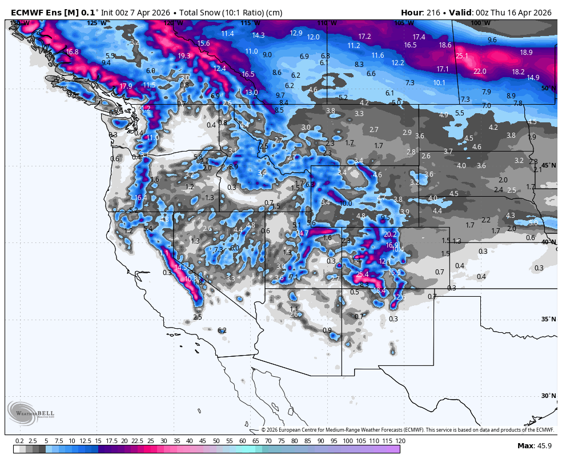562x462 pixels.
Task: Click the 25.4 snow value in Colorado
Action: [362, 274]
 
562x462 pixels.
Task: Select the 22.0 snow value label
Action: [480, 71]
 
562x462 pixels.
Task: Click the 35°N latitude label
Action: [548, 319]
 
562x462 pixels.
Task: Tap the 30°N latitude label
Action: [548, 396]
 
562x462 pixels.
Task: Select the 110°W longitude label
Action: [323, 23]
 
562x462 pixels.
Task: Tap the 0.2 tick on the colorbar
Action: [19, 441]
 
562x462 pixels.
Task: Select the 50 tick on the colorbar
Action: [216, 441]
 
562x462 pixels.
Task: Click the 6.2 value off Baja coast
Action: [223, 330]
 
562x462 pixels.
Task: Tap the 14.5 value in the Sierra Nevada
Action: [181, 267]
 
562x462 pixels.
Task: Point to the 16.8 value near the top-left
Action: [72, 52]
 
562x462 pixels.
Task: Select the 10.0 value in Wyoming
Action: [346, 203]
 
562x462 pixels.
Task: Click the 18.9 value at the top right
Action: [526, 53]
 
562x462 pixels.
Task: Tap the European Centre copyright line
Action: [408, 430]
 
